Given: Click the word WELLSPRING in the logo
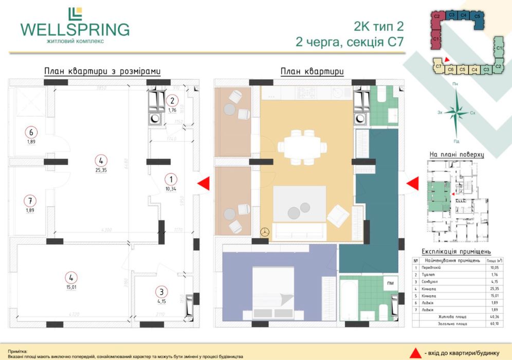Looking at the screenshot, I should point(75,29).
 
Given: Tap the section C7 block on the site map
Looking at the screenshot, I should point(438,66).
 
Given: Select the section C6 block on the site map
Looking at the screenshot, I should point(450,69).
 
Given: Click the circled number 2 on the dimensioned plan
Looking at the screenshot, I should point(173,101).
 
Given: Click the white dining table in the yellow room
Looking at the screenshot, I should point(302,147).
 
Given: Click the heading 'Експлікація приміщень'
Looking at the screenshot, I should point(456,252).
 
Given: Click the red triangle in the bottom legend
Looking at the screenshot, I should point(412,352).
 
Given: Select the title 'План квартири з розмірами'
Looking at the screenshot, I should point(102,71).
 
